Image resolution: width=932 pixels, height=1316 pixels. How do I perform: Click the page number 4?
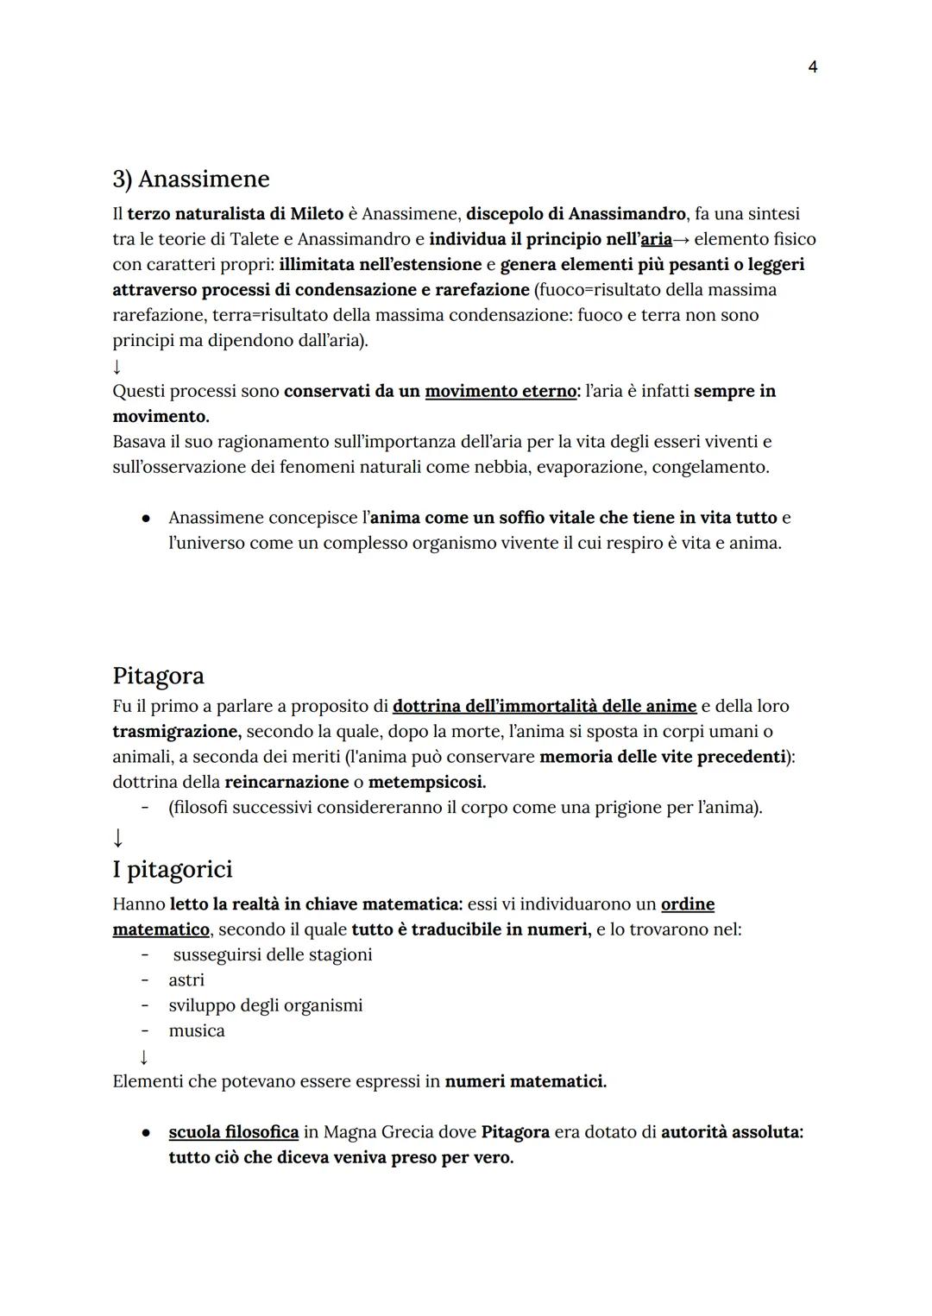[x=812, y=67]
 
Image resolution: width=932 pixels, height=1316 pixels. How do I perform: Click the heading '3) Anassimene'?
[x=191, y=179]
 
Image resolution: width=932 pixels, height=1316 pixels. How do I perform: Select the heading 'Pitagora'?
[x=158, y=675]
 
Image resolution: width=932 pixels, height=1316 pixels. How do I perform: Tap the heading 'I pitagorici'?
[x=173, y=869]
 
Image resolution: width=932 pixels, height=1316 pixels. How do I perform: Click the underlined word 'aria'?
[x=656, y=239]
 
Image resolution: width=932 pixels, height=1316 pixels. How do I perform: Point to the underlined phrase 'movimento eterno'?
[x=501, y=391]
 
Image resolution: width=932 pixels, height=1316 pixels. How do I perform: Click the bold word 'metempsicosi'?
[x=426, y=783]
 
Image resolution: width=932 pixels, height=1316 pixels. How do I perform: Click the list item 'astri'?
[x=186, y=980]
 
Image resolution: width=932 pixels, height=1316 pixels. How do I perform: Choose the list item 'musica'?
[x=197, y=1031]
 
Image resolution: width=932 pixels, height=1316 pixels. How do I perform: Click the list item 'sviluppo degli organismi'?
[x=265, y=1005]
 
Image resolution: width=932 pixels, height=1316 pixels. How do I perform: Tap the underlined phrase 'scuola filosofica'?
[x=233, y=1132]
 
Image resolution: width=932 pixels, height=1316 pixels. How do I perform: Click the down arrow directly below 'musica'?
[x=143, y=1056]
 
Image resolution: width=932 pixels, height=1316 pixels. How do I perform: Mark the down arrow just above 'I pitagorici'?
[x=118, y=837]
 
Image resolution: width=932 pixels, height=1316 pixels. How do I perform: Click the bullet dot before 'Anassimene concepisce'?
[x=148, y=519]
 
